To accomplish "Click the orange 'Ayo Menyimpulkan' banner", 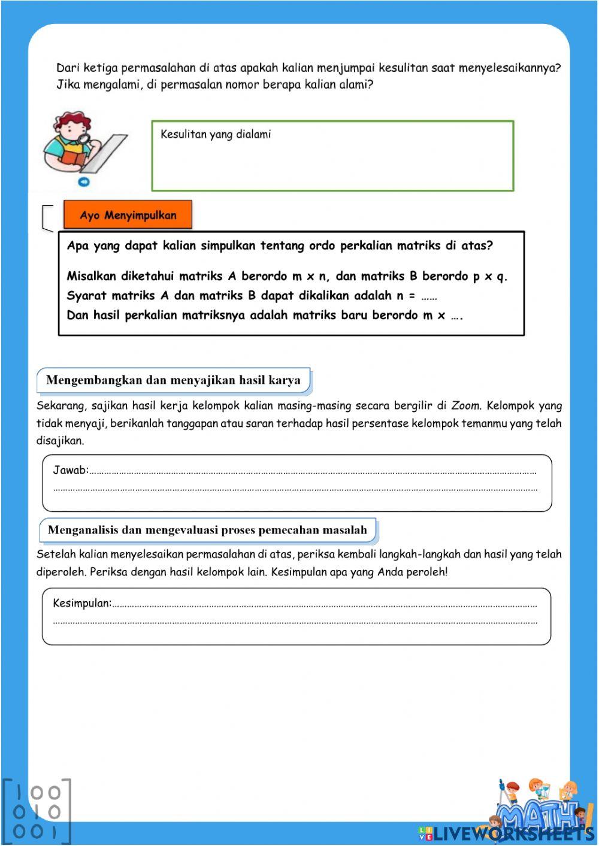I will (x=128, y=215).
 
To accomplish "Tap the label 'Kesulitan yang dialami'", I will (x=216, y=135).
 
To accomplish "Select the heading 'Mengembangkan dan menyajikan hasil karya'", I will (x=173, y=380).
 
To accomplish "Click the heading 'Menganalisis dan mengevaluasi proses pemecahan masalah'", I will (x=207, y=530).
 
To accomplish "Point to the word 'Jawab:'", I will (x=71, y=471).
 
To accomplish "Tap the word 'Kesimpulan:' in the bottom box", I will (x=82, y=604).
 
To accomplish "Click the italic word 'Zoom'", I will (x=465, y=406).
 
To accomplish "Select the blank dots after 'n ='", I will (x=429, y=296).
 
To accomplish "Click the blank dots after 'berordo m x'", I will (x=457, y=316).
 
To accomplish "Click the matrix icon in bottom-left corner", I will (x=37, y=811).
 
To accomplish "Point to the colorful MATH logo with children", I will (x=542, y=805).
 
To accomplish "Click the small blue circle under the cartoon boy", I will (x=84, y=182).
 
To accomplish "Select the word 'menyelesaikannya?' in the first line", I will (x=509, y=68).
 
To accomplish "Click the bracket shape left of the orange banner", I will (x=48, y=218).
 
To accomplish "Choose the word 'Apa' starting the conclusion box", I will (x=78, y=246).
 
